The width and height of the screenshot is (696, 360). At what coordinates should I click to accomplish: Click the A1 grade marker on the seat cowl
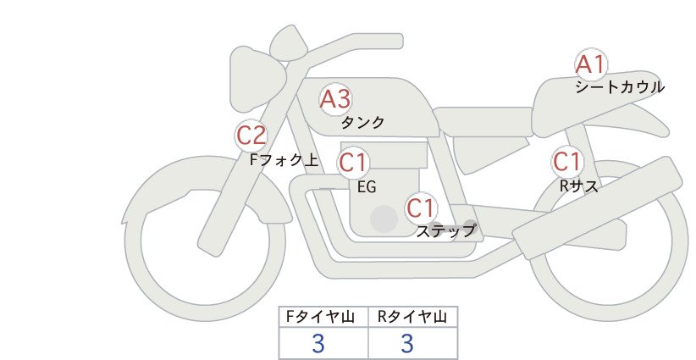point(591,65)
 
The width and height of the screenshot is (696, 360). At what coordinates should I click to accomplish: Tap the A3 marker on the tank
point(335,99)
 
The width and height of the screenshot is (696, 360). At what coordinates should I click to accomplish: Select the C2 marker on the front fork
point(251,136)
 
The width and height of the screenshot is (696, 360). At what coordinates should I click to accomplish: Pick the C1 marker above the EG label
point(353,163)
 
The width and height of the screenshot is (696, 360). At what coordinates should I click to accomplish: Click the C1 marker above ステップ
point(421,208)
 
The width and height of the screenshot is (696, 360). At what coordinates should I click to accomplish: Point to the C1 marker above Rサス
point(566,162)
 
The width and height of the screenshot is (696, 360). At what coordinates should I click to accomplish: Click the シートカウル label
point(620,87)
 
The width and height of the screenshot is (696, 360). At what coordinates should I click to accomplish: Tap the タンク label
point(362,122)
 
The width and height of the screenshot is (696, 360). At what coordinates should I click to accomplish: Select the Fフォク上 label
point(284,159)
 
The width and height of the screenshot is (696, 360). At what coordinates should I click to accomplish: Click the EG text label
point(367,187)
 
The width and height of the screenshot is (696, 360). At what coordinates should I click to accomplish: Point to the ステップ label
point(445,231)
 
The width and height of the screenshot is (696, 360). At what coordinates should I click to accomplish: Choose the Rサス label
point(579,186)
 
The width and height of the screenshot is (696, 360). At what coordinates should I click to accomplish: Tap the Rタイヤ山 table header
point(412,317)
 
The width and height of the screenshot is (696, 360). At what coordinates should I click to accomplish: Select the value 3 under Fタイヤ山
point(318,343)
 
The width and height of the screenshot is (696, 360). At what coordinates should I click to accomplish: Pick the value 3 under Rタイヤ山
point(407,343)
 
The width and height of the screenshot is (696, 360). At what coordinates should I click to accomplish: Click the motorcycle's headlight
point(257,79)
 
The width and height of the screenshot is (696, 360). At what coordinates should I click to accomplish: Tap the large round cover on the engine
point(384,219)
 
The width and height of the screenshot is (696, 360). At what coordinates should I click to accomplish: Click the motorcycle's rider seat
point(483,121)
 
